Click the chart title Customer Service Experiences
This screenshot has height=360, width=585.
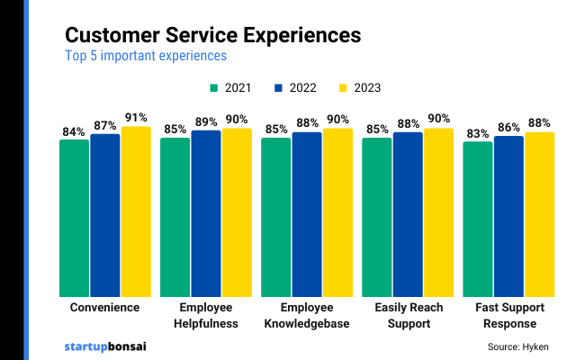(213, 35)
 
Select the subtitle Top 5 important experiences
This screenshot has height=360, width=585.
(145, 56)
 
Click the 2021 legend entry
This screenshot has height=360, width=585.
(229, 88)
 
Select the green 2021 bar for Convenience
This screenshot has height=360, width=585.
(74, 218)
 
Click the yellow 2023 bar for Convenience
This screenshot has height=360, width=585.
(136, 211)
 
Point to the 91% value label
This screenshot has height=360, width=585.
(136, 118)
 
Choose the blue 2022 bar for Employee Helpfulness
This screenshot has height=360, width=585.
(205, 213)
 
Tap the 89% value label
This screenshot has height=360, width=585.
(205, 121)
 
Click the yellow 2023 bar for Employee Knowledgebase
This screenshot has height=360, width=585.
(337, 212)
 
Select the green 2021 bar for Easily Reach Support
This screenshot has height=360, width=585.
(376, 217)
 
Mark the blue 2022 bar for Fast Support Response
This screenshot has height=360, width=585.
(508, 216)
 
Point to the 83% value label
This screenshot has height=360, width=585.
(478, 134)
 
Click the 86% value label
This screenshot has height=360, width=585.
(508, 128)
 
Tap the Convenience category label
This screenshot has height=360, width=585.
(104, 308)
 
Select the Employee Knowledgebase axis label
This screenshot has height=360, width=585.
(306, 315)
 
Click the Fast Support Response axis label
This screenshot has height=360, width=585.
(508, 315)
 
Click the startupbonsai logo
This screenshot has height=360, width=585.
(105, 346)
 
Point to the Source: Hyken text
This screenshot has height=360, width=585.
(517, 346)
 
